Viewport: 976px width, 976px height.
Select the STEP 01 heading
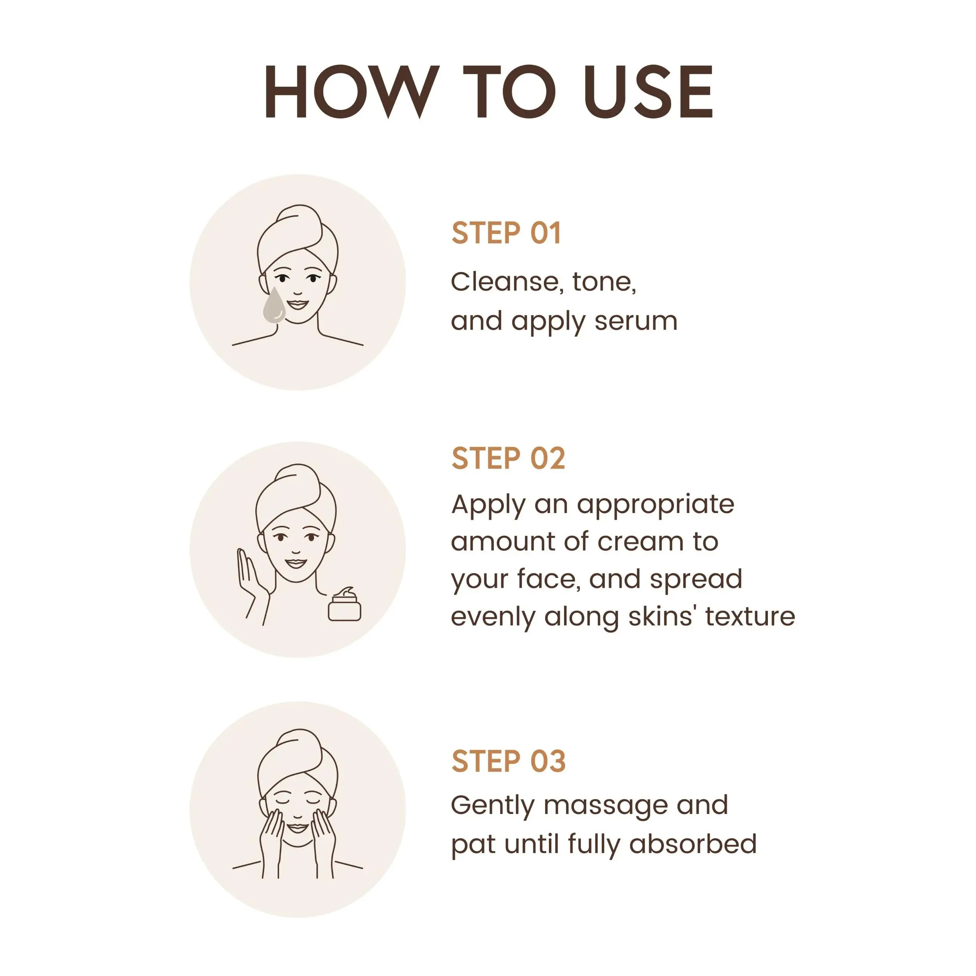pyautogui.click(x=506, y=233)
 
